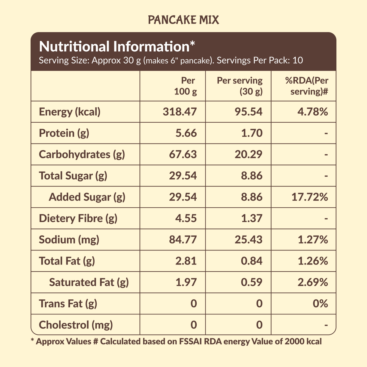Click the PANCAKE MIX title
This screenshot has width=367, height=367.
183,20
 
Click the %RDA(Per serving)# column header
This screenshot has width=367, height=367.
307,86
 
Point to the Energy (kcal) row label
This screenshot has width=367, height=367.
70,112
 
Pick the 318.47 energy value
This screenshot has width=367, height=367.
180,112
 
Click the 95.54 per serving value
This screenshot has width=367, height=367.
248,112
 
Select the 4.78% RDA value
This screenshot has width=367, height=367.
313,112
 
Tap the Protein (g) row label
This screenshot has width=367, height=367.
64,133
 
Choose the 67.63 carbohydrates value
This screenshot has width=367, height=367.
183,154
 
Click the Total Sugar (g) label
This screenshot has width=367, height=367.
73,176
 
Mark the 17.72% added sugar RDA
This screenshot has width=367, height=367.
310,197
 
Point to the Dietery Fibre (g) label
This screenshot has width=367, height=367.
78,218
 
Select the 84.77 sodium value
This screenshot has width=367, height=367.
183,239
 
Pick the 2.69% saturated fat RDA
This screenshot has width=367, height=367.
313,282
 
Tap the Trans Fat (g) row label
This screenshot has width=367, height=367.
68,303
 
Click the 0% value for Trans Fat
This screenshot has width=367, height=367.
320,303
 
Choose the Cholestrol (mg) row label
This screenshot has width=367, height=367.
76,325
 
